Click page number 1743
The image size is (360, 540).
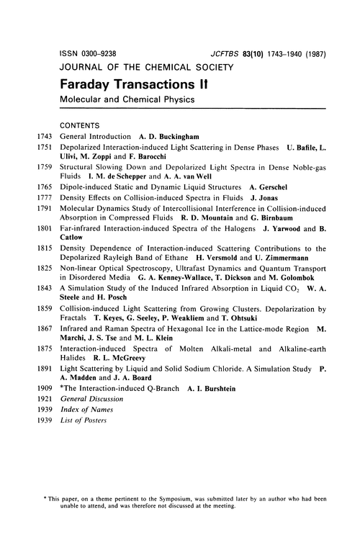(x=45, y=135)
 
